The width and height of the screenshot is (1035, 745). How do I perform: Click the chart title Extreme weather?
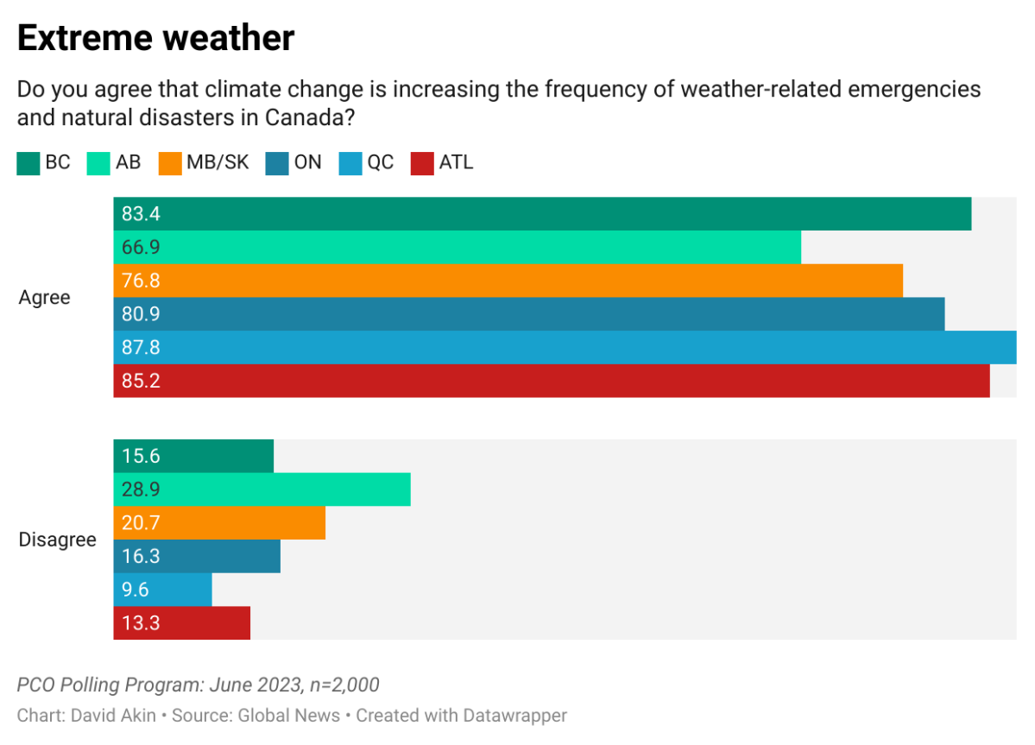pos(155,38)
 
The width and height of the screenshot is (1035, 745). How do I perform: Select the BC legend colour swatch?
pos(28,163)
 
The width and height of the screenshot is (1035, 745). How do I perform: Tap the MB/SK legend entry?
pos(205,162)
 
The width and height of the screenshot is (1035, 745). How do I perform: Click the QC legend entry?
pos(368,162)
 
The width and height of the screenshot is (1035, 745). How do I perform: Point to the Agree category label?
pos(45,298)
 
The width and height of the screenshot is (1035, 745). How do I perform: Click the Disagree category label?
pos(58,540)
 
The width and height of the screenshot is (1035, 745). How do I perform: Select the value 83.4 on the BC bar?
pos(141,214)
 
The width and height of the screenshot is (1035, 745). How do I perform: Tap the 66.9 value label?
pos(141,248)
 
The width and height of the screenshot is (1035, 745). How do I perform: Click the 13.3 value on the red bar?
pos(141,623)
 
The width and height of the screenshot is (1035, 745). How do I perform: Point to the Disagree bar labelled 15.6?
pos(193,456)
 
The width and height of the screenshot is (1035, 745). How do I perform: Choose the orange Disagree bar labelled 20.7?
pos(219,522)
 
